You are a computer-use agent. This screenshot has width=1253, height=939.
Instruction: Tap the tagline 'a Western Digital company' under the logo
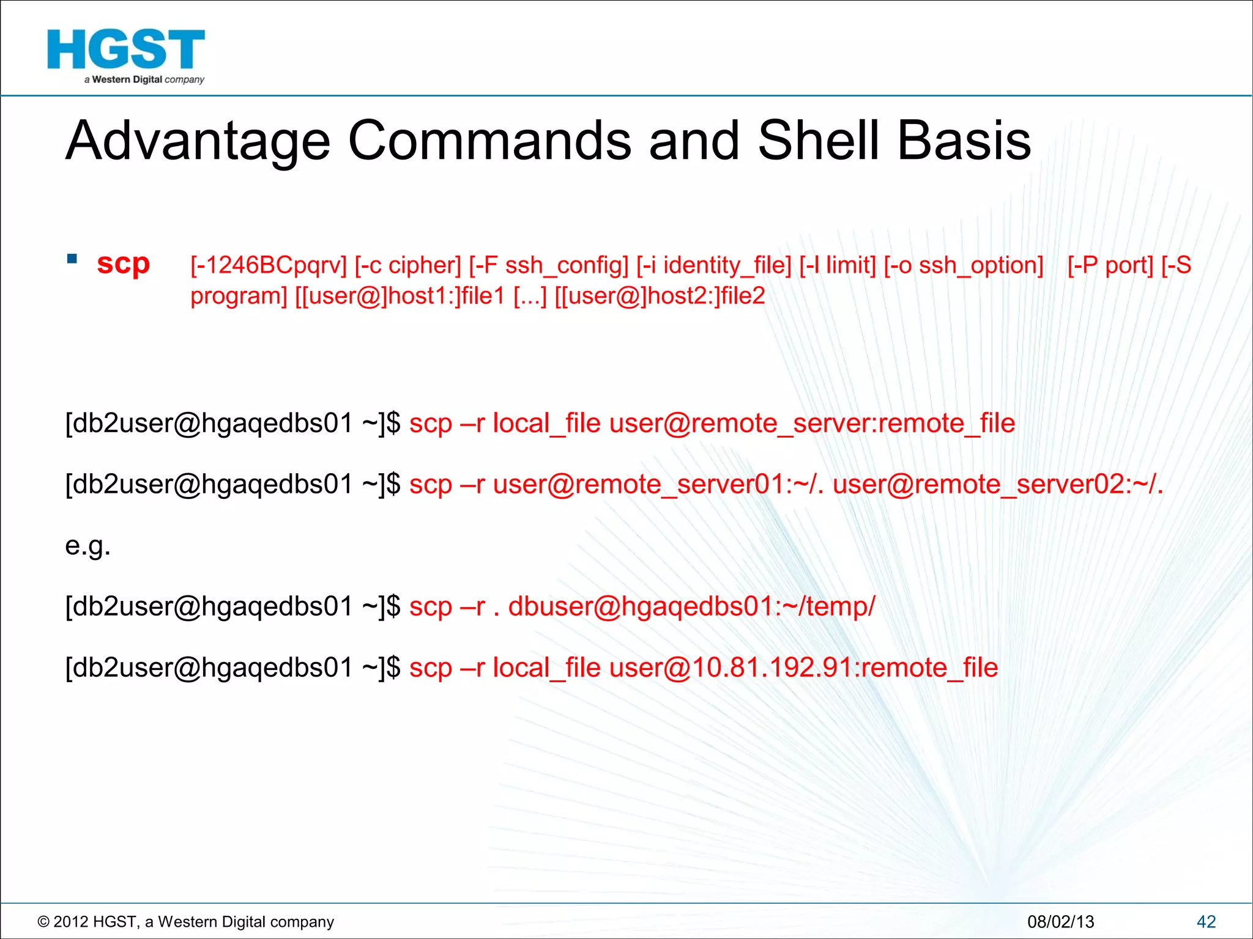click(x=144, y=79)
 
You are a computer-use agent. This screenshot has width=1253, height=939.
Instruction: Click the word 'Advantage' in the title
click(x=198, y=141)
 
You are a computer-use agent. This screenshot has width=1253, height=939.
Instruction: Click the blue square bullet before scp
click(x=72, y=259)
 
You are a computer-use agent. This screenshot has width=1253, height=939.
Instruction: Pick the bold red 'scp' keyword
click(x=123, y=265)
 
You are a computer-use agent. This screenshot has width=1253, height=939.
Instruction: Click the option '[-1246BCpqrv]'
click(x=268, y=265)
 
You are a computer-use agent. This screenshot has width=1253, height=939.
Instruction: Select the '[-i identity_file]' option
click(x=713, y=265)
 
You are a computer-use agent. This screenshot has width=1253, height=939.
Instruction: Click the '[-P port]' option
click(x=1110, y=265)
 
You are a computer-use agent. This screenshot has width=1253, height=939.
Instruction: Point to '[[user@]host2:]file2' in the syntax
click(x=660, y=296)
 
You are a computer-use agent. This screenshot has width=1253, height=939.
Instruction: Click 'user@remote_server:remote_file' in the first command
click(x=812, y=423)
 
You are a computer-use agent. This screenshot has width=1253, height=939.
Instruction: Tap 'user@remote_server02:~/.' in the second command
click(x=997, y=484)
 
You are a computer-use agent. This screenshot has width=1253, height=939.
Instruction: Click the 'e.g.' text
click(x=87, y=545)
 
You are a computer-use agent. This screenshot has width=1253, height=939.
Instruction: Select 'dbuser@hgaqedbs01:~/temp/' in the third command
click(x=691, y=606)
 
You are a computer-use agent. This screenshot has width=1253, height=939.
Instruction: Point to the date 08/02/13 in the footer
click(x=1060, y=921)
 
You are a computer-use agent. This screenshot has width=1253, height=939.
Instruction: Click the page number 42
click(x=1206, y=921)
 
